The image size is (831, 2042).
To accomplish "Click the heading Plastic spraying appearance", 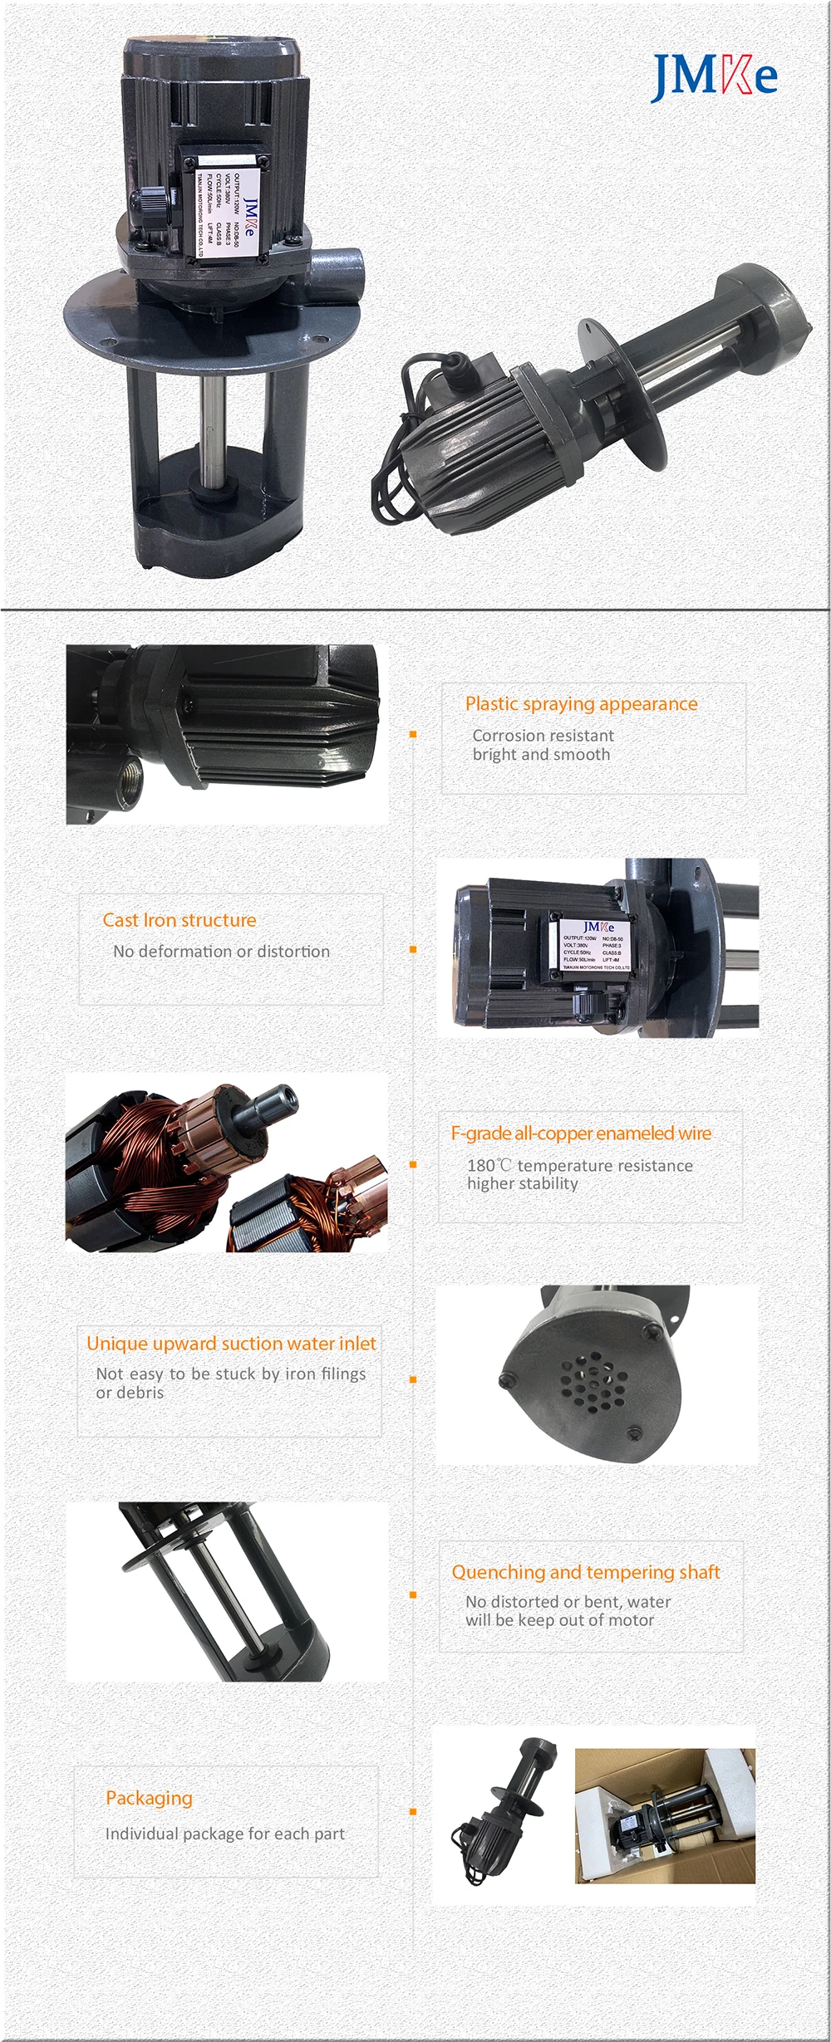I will pyautogui.click(x=581, y=704).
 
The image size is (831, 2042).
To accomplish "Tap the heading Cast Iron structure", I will pyautogui.click(x=179, y=920).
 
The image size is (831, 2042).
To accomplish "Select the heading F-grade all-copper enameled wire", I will pyautogui.click(x=581, y=1133).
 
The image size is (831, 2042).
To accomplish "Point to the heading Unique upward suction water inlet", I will pyautogui.click(x=231, y=1343).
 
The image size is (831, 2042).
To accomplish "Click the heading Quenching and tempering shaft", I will pyautogui.click(x=586, y=1572).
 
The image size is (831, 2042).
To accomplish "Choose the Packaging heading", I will pyautogui.click(x=149, y=1798).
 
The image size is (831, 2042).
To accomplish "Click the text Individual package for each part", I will pyautogui.click(x=224, y=1834).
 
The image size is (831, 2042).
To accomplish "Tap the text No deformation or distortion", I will pyautogui.click(x=221, y=952).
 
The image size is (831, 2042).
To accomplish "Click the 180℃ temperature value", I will pyautogui.click(x=488, y=1166).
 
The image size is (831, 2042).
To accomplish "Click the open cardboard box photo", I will pyautogui.click(x=665, y=1816).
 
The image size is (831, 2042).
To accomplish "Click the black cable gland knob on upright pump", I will pyautogui.click(x=146, y=203).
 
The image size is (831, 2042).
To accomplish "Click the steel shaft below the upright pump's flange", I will pyautogui.click(x=212, y=424).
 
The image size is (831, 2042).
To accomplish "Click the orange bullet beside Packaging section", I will pyautogui.click(x=413, y=1812).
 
